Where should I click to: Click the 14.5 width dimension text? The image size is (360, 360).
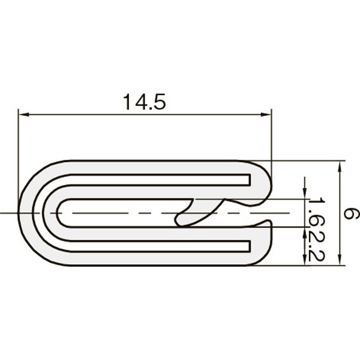[x=144, y=103]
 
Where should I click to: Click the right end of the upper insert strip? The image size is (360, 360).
[x=248, y=180]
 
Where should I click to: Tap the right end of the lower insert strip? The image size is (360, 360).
[x=248, y=246]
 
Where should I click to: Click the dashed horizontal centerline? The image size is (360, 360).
[x=135, y=213]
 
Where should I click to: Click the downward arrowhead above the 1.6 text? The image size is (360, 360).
[x=305, y=193]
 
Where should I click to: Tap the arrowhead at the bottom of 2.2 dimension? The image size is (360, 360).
[x=305, y=261]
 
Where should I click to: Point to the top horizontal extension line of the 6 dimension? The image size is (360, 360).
[x=306, y=160]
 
